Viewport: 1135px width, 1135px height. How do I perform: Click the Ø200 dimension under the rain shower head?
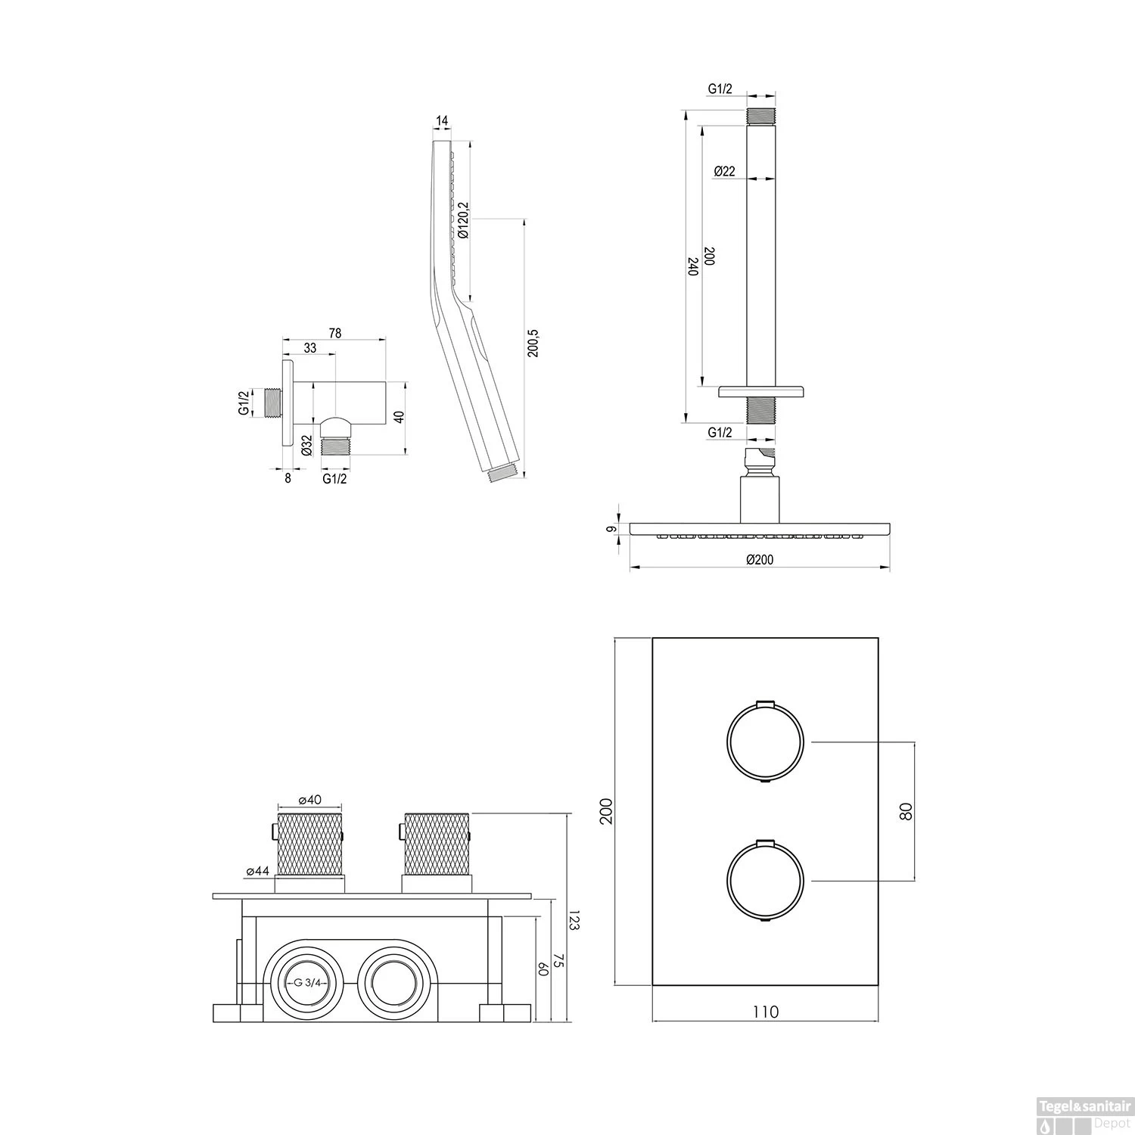coord(759,559)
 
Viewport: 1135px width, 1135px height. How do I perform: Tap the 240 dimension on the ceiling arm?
coord(692,266)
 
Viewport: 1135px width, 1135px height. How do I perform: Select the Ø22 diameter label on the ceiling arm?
coord(724,171)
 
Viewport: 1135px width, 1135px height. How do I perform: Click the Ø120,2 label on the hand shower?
coord(463,220)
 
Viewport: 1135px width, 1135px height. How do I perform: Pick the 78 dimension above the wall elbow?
coord(334,333)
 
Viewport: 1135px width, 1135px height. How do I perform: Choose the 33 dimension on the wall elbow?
coord(310,348)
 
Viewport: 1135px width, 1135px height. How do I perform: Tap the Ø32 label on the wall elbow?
coord(306,446)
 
